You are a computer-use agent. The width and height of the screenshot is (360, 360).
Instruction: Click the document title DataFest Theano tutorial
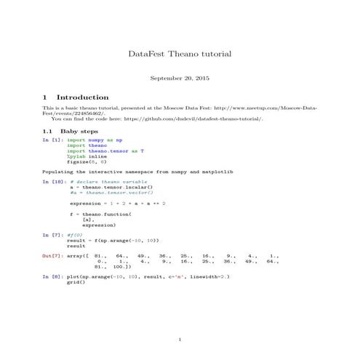click(179, 54)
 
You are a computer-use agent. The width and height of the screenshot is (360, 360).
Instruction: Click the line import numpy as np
click(95, 139)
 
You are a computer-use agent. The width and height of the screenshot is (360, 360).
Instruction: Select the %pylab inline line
click(87, 156)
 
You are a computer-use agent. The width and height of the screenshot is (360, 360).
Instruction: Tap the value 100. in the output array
click(124, 267)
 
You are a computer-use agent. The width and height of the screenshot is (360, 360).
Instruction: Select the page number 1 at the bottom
click(179, 340)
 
